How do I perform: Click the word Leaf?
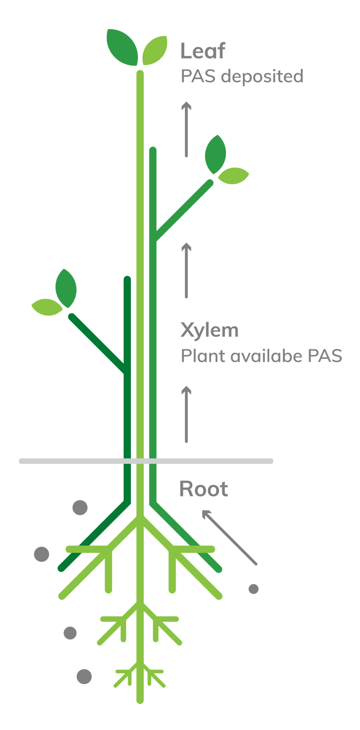202,51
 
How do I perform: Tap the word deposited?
262,77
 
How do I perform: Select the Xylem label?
209,330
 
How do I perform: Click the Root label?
204,489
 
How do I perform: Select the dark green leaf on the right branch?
215,154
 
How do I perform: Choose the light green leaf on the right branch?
233,175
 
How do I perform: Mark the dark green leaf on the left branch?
66,288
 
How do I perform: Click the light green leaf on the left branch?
47,307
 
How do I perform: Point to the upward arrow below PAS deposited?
186,129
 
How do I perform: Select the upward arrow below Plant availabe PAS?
186,414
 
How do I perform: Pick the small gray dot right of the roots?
253,589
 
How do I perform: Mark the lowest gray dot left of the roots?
84,677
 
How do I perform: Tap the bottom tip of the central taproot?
140,700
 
